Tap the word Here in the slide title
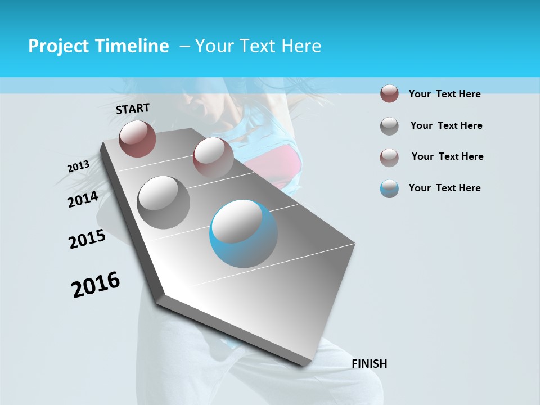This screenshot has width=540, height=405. click(x=301, y=46)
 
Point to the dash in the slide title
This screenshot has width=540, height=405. click(x=184, y=46)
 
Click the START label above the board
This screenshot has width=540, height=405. click(x=133, y=109)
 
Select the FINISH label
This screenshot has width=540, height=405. click(x=369, y=364)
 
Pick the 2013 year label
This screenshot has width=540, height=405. click(x=78, y=166)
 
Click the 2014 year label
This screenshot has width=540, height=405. click(x=83, y=199)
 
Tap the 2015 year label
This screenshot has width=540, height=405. click(x=87, y=239)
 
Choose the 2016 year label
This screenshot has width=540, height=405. click(x=96, y=285)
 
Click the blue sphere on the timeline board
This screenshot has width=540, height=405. click(x=244, y=233)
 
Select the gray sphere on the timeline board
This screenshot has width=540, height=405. click(x=164, y=202)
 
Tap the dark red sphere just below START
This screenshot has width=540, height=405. click(x=137, y=138)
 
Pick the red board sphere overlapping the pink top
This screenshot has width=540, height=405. click(x=213, y=157)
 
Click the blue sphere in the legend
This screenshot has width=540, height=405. click(x=389, y=188)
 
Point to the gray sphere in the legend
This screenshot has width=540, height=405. click(x=389, y=126)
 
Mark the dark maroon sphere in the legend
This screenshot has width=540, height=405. click(x=389, y=94)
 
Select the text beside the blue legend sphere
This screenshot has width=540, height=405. click(x=444, y=188)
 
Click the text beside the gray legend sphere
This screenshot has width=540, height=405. click(x=446, y=125)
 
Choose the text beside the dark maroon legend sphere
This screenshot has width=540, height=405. click(x=444, y=94)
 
